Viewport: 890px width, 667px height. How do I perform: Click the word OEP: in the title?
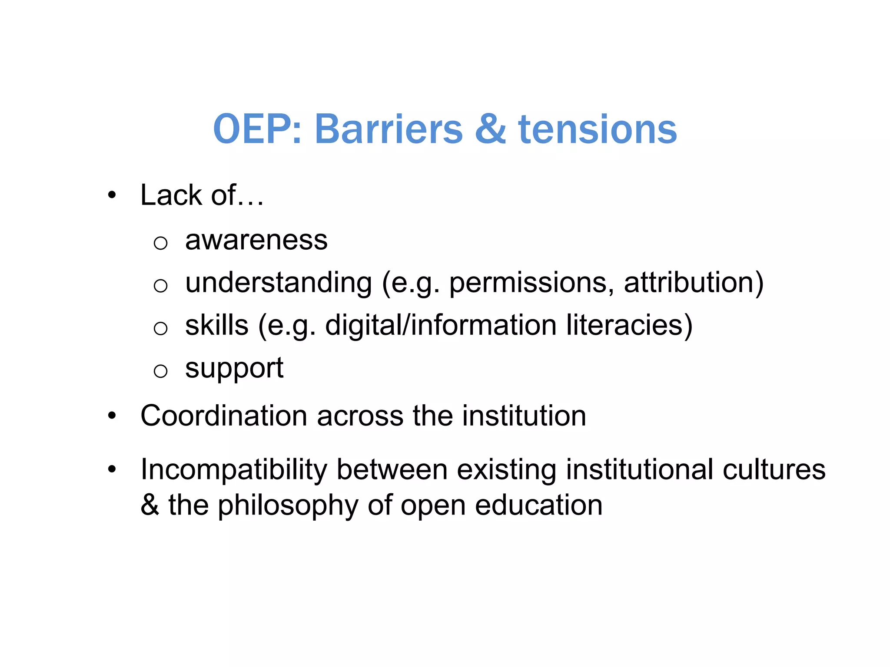[x=257, y=129]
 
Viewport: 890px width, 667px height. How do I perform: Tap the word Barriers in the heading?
[x=389, y=129]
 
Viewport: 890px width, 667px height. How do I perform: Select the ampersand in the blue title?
[x=491, y=129]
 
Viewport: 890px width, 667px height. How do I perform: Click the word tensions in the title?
[x=598, y=130]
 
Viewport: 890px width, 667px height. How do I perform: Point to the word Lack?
[x=171, y=195]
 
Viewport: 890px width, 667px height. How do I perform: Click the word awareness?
[x=256, y=240]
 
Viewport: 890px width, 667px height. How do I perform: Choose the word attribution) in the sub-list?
[x=694, y=283]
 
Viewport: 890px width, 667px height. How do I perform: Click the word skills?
[x=217, y=325]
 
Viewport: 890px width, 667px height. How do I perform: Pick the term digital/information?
[x=441, y=325]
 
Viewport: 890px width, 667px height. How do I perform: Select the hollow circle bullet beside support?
[x=160, y=371]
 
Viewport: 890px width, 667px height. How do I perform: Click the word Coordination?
[x=224, y=416]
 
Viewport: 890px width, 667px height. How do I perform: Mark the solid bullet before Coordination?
[x=112, y=416]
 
